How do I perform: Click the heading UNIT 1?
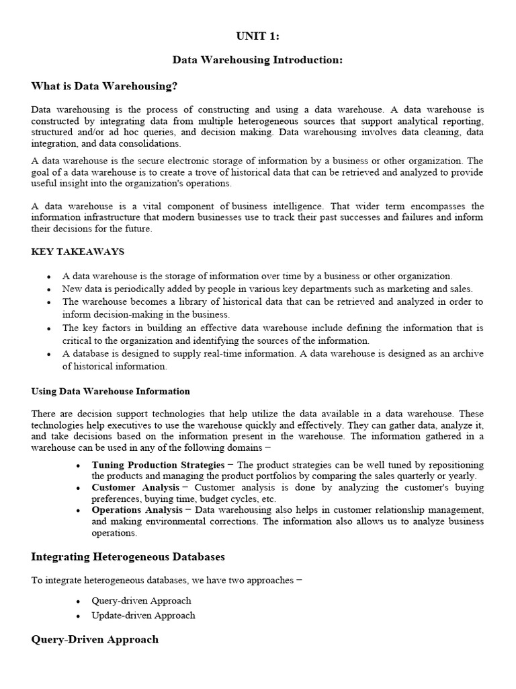pos(257,36)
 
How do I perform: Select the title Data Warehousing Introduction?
pos(257,60)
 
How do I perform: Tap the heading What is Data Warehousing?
pos(104,85)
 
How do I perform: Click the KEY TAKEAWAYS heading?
pos(77,252)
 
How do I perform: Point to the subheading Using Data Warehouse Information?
pos(111,391)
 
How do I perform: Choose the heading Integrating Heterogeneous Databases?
pos(128,556)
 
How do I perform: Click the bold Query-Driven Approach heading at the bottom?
pos(95,639)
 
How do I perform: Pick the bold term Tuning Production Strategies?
pos(158,465)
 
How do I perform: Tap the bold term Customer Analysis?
pos(135,487)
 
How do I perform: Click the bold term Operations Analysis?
pos(137,510)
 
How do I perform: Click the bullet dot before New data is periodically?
pos(49,289)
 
